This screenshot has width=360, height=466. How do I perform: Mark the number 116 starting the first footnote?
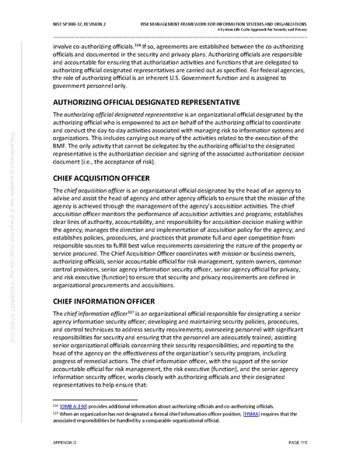coord(33,405)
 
